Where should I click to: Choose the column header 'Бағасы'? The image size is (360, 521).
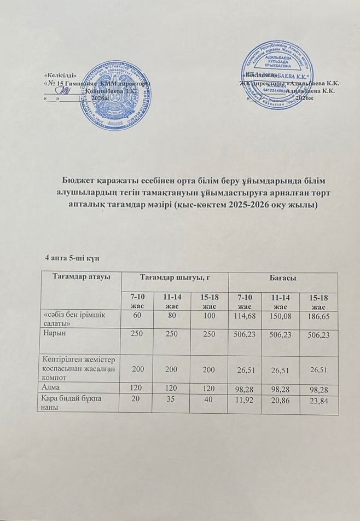283,279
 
